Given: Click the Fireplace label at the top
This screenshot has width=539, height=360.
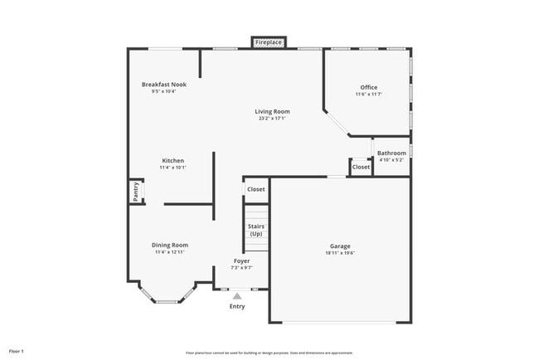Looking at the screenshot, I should pos(269,41).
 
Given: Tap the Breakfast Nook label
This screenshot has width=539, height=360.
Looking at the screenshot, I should pos(163,85).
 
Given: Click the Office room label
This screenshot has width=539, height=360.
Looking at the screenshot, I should pos(369,87).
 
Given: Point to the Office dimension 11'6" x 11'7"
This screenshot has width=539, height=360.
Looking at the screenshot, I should pos(369,95).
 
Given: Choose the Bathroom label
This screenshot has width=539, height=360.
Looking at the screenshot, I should pos(391,153).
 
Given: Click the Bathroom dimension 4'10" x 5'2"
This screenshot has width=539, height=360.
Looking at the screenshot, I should pos(391,160).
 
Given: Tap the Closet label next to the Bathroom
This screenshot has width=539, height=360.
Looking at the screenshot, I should pos(361,167).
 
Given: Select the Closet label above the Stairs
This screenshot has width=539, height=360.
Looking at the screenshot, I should pos(256,189).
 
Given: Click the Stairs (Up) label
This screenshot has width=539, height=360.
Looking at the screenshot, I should pos(256,230).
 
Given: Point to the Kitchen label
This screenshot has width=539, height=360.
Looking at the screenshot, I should pos(172,160).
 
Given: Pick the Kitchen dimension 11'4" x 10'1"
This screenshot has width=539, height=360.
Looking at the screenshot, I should pos(172,168).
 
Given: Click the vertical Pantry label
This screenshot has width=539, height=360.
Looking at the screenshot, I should pos(136,192).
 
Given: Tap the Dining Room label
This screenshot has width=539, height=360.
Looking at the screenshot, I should pos(169,245).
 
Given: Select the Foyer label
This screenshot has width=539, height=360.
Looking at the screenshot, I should pos(241,260).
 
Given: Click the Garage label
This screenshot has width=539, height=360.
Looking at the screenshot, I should pos(340,246).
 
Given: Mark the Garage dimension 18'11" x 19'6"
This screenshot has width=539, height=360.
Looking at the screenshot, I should pos(340,254).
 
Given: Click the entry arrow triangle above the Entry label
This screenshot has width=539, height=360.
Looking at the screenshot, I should pos(237,295).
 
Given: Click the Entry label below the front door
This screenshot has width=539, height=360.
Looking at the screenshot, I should pos(237,306).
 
